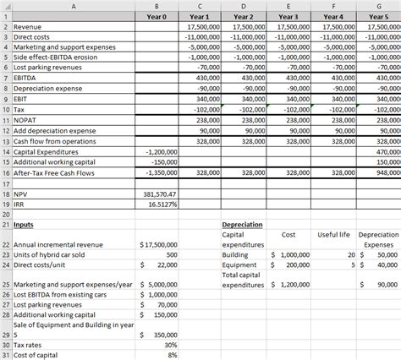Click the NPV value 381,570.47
click(157, 194)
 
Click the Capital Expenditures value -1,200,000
click(157, 150)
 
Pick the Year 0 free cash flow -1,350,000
click(157, 172)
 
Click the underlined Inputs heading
click(24, 225)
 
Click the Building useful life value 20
click(350, 254)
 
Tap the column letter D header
click(243, 6)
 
